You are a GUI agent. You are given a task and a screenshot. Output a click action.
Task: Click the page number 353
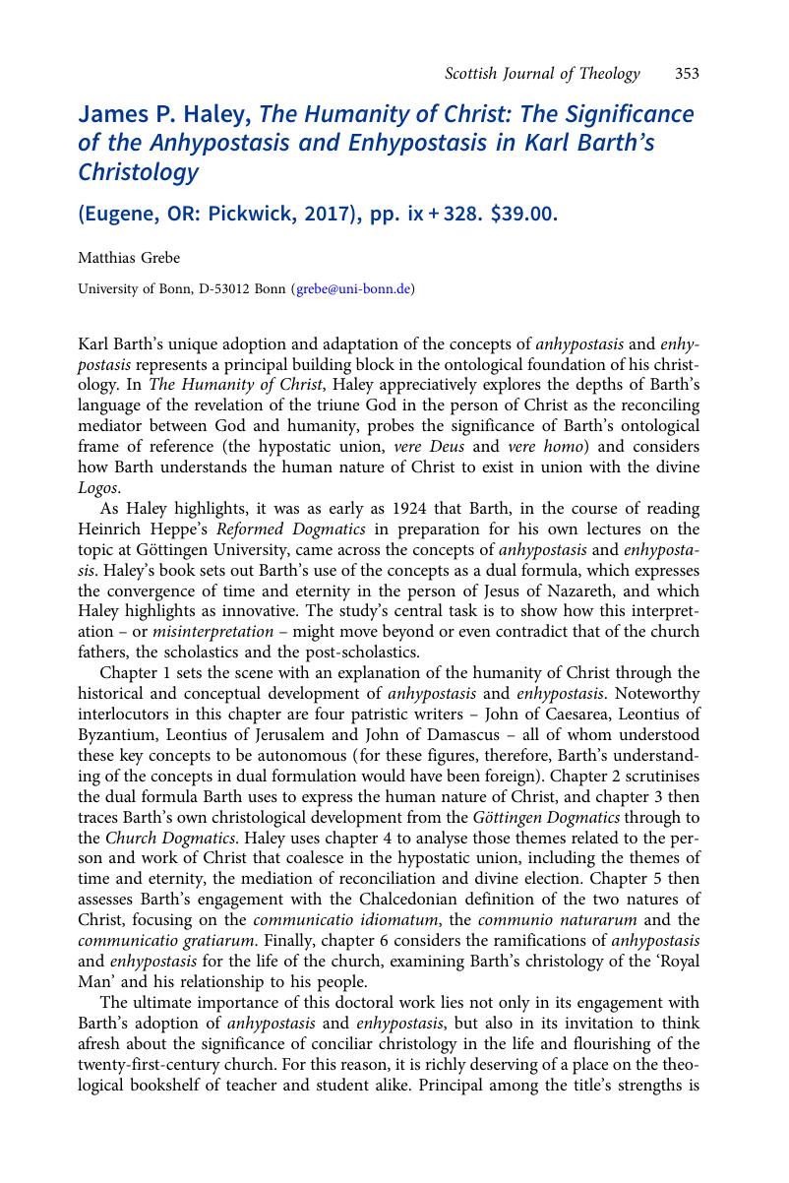(687, 74)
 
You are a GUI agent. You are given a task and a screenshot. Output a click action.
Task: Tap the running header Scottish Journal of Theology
(542, 74)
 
